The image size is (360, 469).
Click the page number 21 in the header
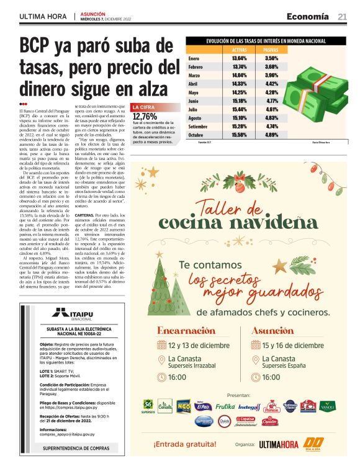(342, 16)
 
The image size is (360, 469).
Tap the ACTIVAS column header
(239, 49)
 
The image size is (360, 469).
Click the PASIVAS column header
(271, 49)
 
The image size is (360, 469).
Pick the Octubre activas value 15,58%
(239, 134)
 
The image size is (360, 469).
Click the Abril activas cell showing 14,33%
(239, 83)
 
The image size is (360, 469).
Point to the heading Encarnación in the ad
(186, 331)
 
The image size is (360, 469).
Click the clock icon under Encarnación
(160, 377)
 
